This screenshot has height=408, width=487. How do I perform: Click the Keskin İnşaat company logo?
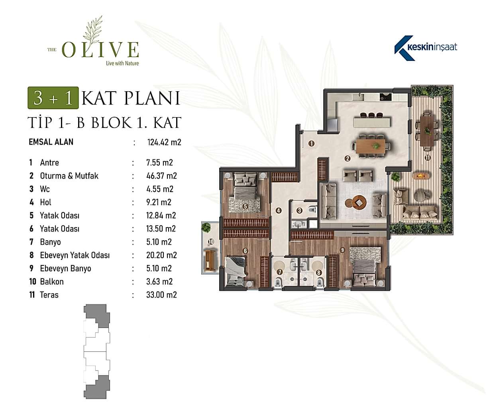[x=426, y=48]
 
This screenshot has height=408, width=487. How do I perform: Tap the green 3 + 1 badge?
[x=53, y=98]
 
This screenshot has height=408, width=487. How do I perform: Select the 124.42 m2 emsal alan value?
[x=164, y=142]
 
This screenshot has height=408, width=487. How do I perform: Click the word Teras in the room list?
[x=49, y=295]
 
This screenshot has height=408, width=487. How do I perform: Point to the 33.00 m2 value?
[x=161, y=295]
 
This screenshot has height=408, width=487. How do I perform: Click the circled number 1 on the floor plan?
[x=311, y=143]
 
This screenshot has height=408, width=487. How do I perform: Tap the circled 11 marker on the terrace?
[x=428, y=158]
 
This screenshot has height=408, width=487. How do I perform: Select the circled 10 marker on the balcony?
[x=211, y=242]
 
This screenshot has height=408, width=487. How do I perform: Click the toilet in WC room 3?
[x=312, y=210]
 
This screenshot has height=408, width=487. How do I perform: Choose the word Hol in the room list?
[x=45, y=202]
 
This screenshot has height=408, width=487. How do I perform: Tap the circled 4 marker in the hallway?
[x=279, y=210]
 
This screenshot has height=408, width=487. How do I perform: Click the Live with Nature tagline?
[x=122, y=63]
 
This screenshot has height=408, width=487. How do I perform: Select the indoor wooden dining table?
[x=371, y=146]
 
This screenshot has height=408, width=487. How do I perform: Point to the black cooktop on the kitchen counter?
[x=386, y=97]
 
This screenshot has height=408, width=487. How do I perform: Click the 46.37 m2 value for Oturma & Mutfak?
[x=161, y=176]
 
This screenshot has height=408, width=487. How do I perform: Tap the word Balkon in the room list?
[x=52, y=281]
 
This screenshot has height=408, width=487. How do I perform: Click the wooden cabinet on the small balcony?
[x=210, y=260]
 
